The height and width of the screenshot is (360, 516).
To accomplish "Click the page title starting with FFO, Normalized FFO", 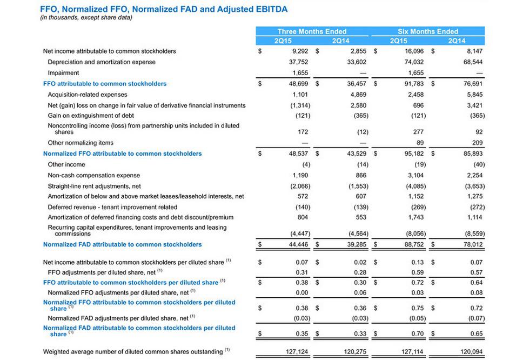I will [x=164, y=9].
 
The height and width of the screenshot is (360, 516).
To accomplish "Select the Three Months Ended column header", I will [x=312, y=31].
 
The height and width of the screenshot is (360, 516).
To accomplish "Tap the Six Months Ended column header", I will [x=427, y=31].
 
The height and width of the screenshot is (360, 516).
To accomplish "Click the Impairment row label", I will [x=63, y=73].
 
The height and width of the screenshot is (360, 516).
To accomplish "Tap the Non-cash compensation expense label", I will [x=93, y=175].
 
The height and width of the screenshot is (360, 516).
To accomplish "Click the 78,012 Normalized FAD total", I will [x=471, y=244].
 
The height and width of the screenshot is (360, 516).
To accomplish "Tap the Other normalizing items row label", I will [x=81, y=143].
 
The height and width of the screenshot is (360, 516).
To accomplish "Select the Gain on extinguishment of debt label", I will [x=91, y=116].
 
